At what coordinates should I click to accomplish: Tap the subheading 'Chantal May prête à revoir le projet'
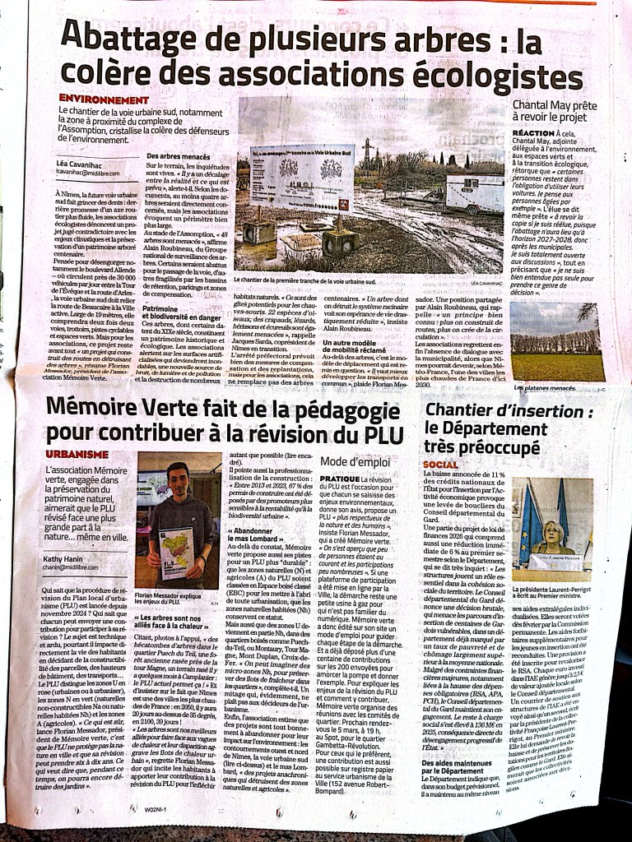pos(559,113)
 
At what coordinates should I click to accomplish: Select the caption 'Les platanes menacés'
pos(544,386)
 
